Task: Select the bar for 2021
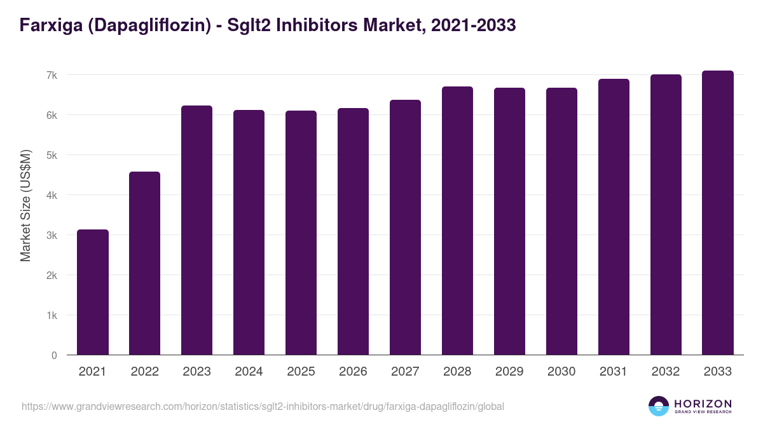pyautogui.click(x=93, y=292)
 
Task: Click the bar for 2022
pyautogui.click(x=145, y=264)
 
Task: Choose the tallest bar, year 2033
pyautogui.click(x=718, y=213)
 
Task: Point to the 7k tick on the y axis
pyautogui.click(x=52, y=75)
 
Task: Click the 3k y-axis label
pyautogui.click(x=52, y=235)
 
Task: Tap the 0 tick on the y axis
pyautogui.click(x=54, y=355)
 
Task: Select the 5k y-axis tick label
pyautogui.click(x=52, y=155)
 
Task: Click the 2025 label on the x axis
pyautogui.click(x=301, y=372)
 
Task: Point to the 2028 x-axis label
pyautogui.click(x=457, y=372)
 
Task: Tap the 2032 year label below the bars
pyautogui.click(x=666, y=372)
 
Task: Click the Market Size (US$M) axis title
pyautogui.click(x=25, y=206)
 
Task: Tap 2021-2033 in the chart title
pyautogui.click(x=473, y=25)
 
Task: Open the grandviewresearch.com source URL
pyautogui.click(x=263, y=406)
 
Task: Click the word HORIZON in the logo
pyautogui.click(x=703, y=404)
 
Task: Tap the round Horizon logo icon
pyautogui.click(x=659, y=406)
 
